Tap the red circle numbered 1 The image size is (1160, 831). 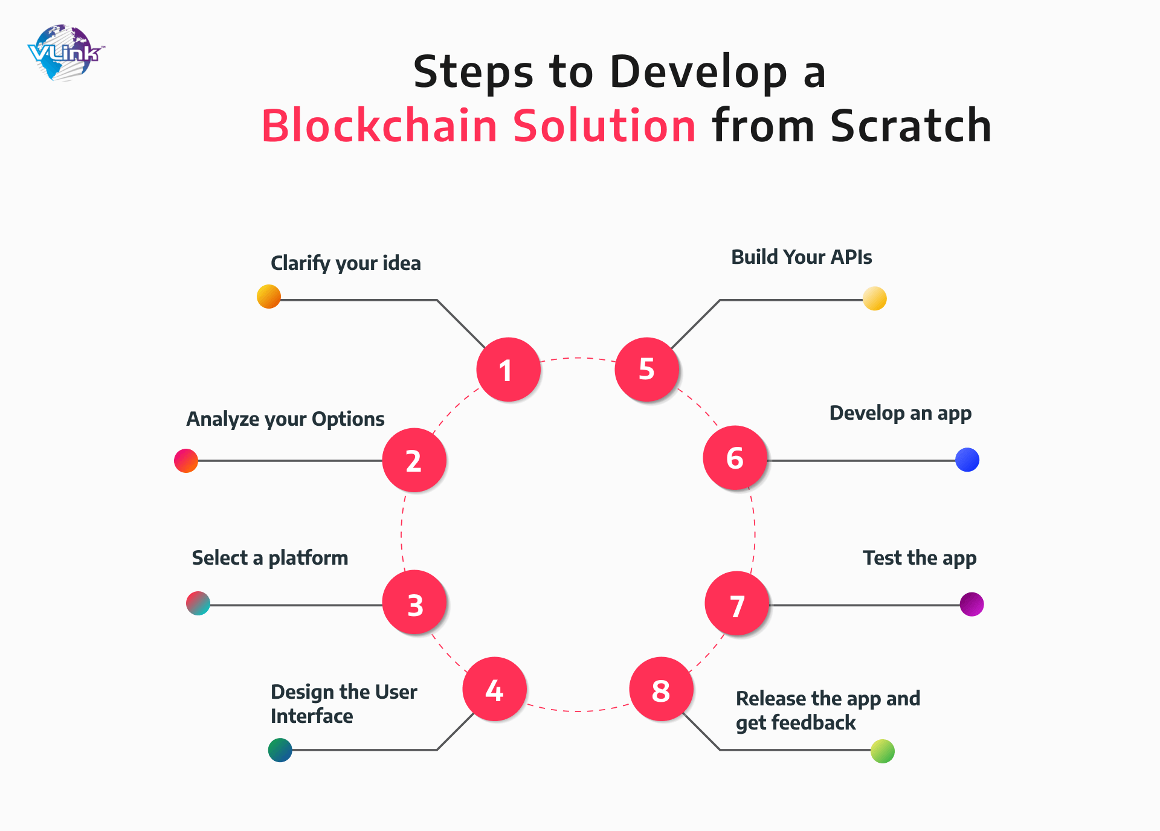coord(508,369)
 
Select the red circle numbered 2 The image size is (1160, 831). coord(414,460)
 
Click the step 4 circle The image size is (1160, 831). coord(495,689)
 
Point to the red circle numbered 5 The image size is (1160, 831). coord(647,369)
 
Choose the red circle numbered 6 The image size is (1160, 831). coord(735,458)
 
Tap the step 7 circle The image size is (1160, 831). coord(737,603)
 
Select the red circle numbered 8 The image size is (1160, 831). coord(661,689)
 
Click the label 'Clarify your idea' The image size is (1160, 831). coord(346,263)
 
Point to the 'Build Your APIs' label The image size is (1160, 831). coord(802,257)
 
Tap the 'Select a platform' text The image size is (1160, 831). coord(270,558)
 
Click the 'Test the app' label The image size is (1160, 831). coord(920,558)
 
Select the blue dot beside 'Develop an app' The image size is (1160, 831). coord(967,460)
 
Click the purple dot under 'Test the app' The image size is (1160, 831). coord(971,604)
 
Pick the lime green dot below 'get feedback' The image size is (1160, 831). coord(883,751)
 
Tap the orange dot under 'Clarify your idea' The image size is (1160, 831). coord(269,297)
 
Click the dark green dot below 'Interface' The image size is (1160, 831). coord(280,750)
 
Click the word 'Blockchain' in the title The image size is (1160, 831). coord(379,126)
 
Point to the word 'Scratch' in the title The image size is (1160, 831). coord(911,126)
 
